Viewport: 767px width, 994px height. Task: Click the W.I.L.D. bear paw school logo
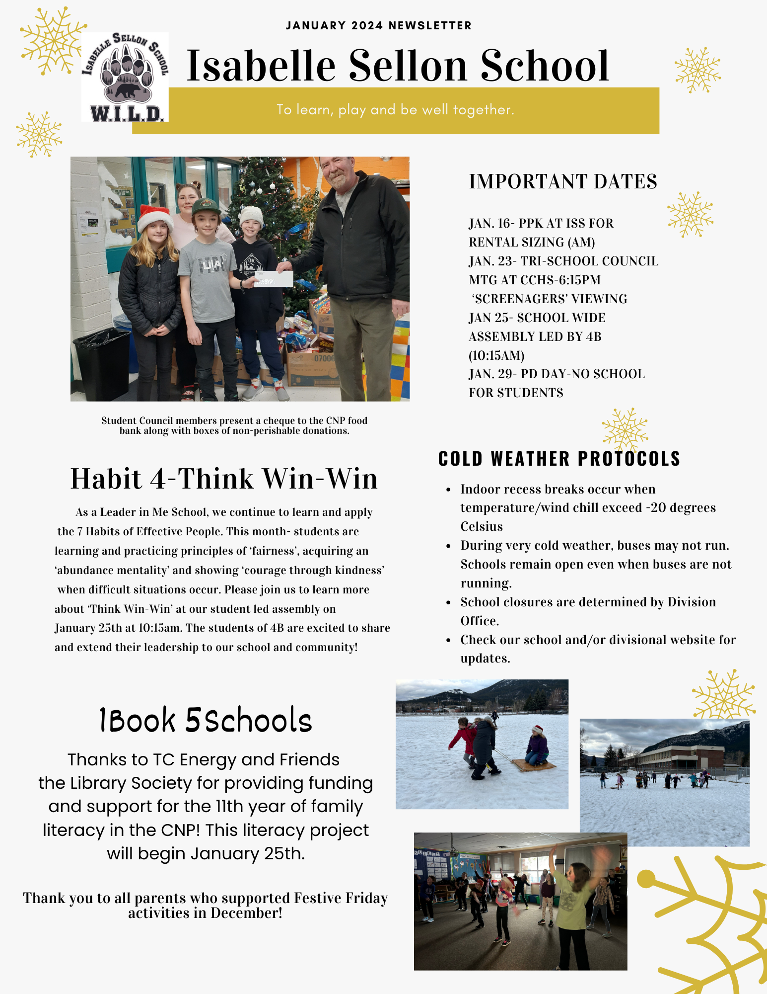[125, 77]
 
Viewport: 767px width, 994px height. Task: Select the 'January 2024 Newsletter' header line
[378, 26]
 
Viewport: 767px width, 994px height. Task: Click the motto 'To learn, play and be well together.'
[395, 110]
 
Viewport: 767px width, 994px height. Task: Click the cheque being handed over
[274, 279]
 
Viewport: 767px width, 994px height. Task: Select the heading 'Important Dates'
[562, 182]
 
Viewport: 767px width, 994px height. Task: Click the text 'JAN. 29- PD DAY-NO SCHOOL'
[557, 374]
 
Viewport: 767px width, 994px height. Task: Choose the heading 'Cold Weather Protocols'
[559, 459]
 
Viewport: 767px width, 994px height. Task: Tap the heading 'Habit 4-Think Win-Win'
[224, 479]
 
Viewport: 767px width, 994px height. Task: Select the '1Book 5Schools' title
[206, 721]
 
